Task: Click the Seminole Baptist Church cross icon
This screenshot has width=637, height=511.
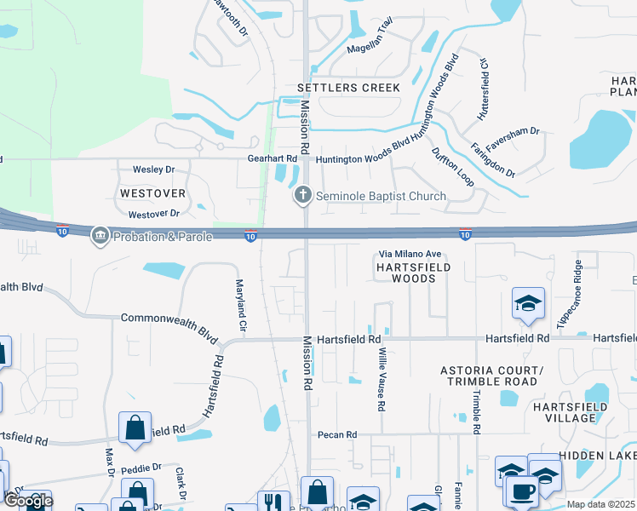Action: (x=302, y=197)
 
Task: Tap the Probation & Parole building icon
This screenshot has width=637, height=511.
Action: (x=100, y=235)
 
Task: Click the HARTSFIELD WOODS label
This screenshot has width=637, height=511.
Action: (x=412, y=273)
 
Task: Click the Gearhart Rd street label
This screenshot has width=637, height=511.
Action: (x=273, y=158)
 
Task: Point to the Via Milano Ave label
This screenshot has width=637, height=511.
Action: (x=410, y=254)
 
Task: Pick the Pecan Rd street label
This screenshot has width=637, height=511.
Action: (x=336, y=434)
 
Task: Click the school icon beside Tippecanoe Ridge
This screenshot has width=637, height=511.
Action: (x=528, y=304)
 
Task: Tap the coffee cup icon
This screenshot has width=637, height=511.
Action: (x=521, y=491)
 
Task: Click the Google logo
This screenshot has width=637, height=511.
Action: (x=27, y=501)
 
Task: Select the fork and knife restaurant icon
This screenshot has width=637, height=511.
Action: (x=273, y=502)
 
